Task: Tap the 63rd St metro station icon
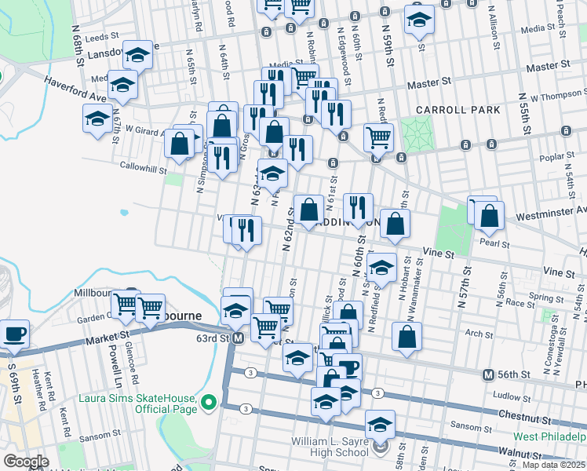(239, 338)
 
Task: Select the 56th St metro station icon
(487, 374)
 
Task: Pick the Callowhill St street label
(144, 168)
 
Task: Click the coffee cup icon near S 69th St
(15, 333)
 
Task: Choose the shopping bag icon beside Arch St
(407, 337)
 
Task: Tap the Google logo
(26, 461)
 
